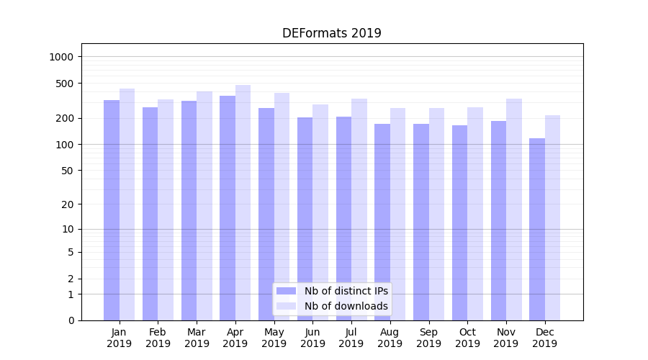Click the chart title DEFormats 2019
[x=331, y=33]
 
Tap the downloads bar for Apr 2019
[x=243, y=202]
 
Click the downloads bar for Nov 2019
[x=513, y=210]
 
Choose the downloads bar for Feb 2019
[x=166, y=210]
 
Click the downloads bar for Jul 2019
[x=359, y=210]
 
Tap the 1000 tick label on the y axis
[x=63, y=57]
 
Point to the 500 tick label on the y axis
[x=66, y=84]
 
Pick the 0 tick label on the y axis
[x=71, y=320]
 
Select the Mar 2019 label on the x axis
[x=197, y=338]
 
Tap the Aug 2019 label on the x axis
[x=390, y=338]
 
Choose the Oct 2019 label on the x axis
[x=467, y=338]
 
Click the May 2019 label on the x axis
[x=274, y=338]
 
